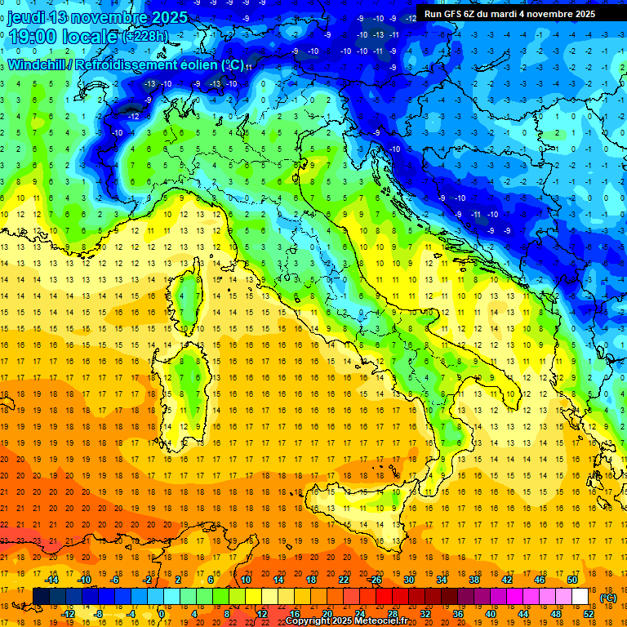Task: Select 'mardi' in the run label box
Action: pyautogui.click(x=514, y=14)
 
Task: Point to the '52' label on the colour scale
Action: pyautogui.click(x=589, y=613)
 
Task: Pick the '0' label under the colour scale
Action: pyautogui.click(x=162, y=613)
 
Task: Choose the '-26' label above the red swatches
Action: pyautogui.click(x=375, y=579)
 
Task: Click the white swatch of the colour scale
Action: pyautogui.click(x=580, y=596)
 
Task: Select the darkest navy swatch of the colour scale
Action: pyautogui.click(x=42, y=596)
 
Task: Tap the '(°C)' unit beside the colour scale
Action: pyautogui.click(x=608, y=597)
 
